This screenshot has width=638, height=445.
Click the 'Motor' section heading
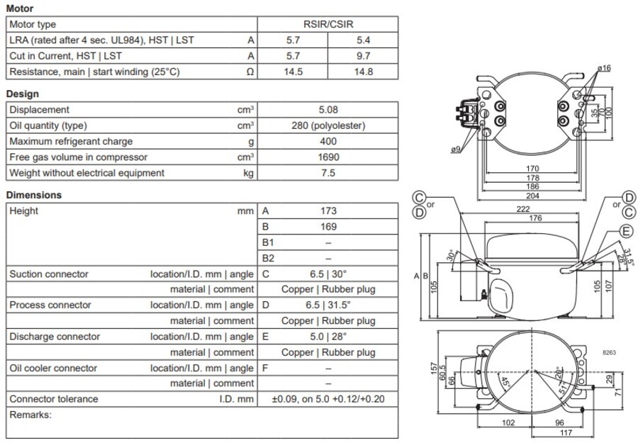pos(19,9)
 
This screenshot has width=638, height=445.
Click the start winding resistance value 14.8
pos(363,72)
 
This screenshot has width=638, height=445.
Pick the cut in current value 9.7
pos(363,55)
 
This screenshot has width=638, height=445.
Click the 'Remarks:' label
pos(30,415)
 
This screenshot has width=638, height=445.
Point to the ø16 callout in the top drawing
pos(604,67)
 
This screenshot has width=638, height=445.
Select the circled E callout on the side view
pos(625,231)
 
